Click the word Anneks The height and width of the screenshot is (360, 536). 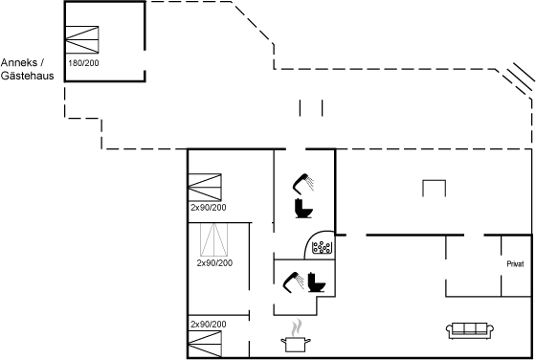[19, 62]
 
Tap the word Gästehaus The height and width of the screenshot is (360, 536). [28, 76]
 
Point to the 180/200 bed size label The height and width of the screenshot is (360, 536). [83, 63]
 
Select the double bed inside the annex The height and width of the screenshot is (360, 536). [82, 39]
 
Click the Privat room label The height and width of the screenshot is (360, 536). [515, 264]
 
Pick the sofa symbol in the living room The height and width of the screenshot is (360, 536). [470, 330]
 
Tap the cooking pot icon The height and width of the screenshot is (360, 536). [296, 344]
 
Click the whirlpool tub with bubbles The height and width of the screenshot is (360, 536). [322, 247]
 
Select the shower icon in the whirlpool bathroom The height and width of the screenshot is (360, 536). [303, 184]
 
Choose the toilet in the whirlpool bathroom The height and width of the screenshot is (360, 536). [303, 208]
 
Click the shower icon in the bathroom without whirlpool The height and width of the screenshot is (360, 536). [293, 282]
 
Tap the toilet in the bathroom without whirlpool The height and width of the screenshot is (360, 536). [317, 282]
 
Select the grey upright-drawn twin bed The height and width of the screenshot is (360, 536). [214, 239]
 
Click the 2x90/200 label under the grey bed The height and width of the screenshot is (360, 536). [214, 263]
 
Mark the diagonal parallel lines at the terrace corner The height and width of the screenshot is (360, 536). [521, 78]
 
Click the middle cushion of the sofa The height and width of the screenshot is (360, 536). [470, 328]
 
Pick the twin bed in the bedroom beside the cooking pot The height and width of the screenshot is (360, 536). [205, 344]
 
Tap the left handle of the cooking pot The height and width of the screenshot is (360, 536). [283, 341]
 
